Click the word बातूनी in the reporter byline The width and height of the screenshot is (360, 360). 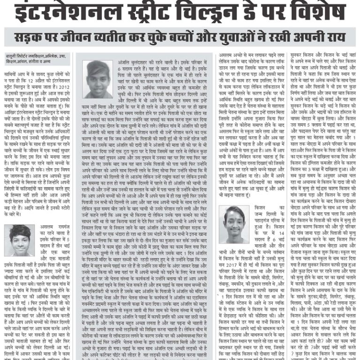pos(12,55)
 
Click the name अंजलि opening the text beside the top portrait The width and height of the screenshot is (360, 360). pos(124,62)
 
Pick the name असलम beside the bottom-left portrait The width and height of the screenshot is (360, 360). pos(45,226)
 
